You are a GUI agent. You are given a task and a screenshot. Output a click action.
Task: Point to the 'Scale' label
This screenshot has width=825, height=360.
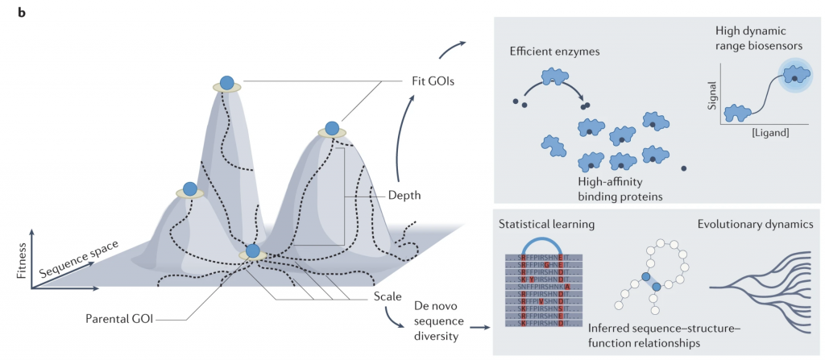coord(388,297)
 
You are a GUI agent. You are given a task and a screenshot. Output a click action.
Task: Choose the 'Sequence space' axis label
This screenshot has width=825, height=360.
coord(80,256)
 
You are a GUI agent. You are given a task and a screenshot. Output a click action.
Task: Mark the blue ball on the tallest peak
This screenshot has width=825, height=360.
coord(227,82)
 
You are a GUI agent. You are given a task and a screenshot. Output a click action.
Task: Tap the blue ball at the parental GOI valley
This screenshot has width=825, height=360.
coord(253,251)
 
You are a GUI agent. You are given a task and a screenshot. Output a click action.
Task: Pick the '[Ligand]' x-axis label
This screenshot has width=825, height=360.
coord(769,130)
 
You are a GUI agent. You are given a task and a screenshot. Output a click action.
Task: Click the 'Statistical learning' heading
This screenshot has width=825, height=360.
coord(546,222)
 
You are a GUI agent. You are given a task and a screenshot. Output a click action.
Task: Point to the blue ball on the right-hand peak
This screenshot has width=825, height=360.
coord(331,128)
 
